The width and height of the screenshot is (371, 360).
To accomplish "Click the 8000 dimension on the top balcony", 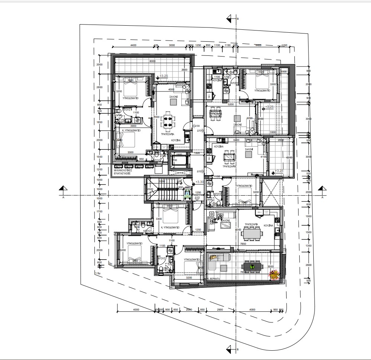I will [152, 61].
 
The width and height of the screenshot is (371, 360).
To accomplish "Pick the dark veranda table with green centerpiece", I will [252, 266].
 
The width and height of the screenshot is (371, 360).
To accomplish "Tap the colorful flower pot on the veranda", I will [274, 274].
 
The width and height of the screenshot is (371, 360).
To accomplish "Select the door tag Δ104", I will [197, 126].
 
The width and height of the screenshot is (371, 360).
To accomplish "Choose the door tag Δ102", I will [199, 171].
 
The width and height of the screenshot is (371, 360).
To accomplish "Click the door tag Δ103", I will [197, 198].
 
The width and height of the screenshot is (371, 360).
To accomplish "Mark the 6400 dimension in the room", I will [236, 140].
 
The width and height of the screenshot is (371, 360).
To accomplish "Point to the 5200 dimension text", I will [230, 105].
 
